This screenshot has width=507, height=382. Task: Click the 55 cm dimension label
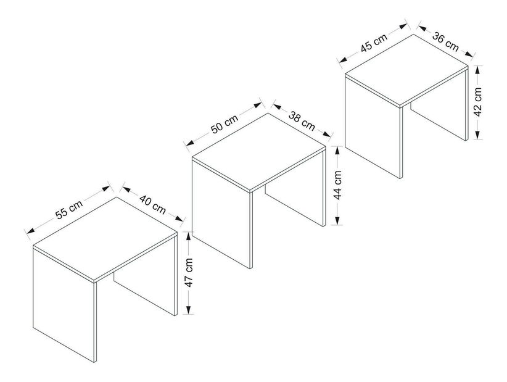[69, 209]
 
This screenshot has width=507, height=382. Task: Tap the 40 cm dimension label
[153, 204]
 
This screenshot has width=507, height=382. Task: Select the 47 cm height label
[189, 273]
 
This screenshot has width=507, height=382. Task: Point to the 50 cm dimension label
[225, 124]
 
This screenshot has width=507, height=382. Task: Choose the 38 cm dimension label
[302, 121]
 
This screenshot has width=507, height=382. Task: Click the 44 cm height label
[337, 185]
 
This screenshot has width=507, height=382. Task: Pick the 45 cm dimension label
[374, 43]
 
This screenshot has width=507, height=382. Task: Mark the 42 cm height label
[478, 102]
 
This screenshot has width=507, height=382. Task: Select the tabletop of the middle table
[258, 151]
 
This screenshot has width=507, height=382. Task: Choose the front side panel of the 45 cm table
[372, 125]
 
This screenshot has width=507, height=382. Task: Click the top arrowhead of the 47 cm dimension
[189, 236]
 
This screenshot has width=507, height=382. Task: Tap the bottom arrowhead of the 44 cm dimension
[337, 221]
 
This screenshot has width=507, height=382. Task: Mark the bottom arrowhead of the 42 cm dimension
[478, 135]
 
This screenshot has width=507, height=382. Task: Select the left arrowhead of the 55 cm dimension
[31, 231]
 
